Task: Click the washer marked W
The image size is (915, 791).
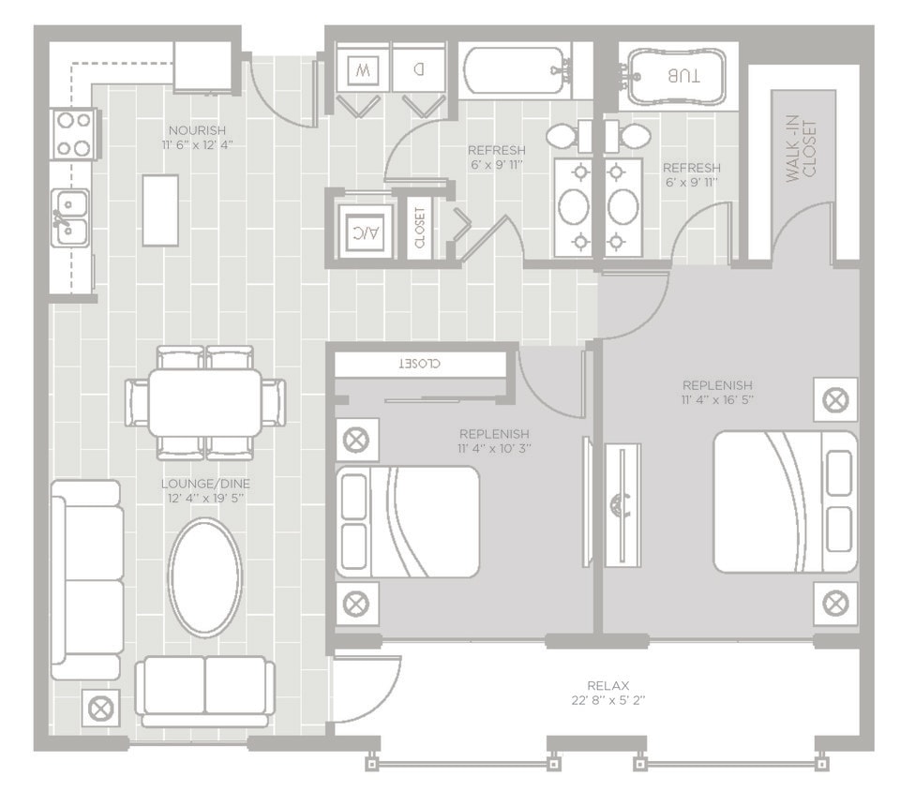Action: (361, 68)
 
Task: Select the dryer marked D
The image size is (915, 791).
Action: (418, 68)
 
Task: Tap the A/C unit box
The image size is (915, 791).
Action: (358, 228)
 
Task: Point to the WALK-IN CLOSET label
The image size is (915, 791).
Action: (802, 150)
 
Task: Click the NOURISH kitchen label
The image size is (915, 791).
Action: (197, 129)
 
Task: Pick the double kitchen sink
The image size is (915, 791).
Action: (70, 216)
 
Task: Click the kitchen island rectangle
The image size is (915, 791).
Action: (160, 210)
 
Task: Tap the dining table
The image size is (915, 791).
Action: (204, 402)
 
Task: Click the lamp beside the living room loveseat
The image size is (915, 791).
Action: (99, 709)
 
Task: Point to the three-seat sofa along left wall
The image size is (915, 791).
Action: (86, 579)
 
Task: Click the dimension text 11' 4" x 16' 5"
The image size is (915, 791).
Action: (717, 399)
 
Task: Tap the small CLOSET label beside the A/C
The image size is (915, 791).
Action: (419, 228)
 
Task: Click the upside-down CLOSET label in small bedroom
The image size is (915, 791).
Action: (420, 363)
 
